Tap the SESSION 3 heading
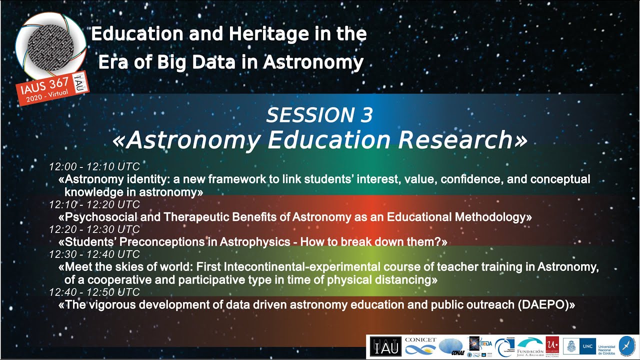pos(319,115)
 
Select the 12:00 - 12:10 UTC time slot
pos(94,167)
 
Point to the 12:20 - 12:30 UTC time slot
pos(94,229)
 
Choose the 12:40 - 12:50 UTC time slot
pos(94,292)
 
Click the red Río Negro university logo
pos(552,346)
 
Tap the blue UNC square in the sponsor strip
pos(587,346)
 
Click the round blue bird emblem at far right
pos(626,346)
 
